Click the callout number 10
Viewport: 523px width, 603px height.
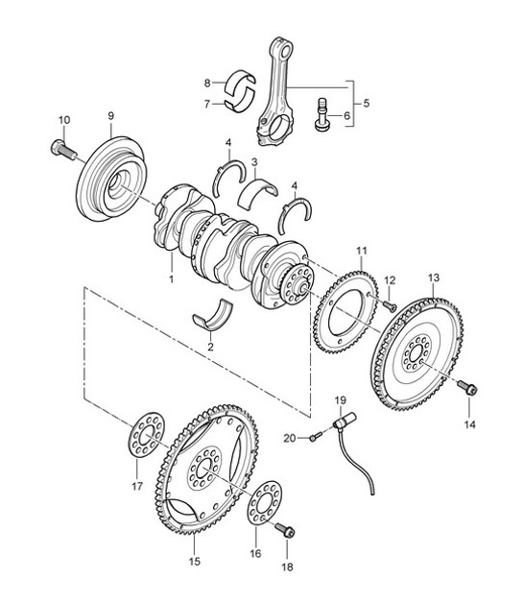coord(65,120)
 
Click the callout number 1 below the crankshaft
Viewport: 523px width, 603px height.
coord(171,279)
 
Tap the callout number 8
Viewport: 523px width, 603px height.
coord(206,83)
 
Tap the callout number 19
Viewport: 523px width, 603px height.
coord(338,398)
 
